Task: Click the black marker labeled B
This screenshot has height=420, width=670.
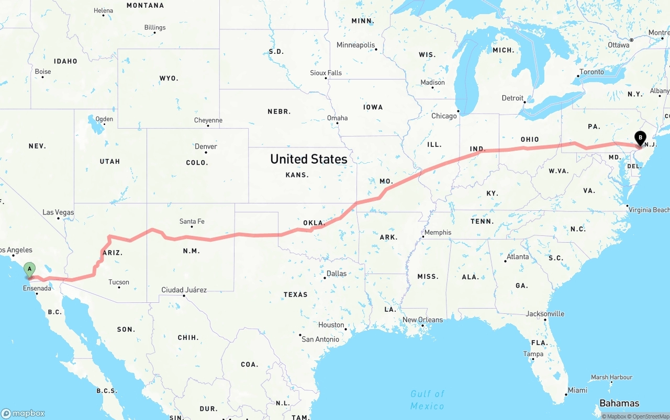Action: click(x=640, y=138)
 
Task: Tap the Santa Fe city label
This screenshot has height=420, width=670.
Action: click(x=192, y=221)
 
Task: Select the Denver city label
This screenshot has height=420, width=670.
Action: click(x=206, y=146)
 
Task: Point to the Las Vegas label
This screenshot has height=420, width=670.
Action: click(x=58, y=212)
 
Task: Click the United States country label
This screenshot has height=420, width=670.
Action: click(x=308, y=159)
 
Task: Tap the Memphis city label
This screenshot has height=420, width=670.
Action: click(x=438, y=232)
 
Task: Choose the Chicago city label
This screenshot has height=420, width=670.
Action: click(x=444, y=116)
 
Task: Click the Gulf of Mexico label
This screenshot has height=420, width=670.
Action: click(x=427, y=400)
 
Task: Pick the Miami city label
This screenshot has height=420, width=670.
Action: click(x=577, y=390)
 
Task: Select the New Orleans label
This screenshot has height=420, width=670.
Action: click(x=422, y=320)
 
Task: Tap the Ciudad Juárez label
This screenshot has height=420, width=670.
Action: click(x=184, y=290)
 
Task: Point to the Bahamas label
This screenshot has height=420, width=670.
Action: click(x=619, y=403)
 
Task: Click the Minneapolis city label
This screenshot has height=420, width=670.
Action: click(x=356, y=45)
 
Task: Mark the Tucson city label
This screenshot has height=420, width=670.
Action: click(x=119, y=282)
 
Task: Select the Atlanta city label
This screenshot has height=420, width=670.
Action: click(x=517, y=257)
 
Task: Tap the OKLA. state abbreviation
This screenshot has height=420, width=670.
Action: click(x=314, y=223)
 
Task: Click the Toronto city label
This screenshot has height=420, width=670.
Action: click(x=591, y=72)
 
